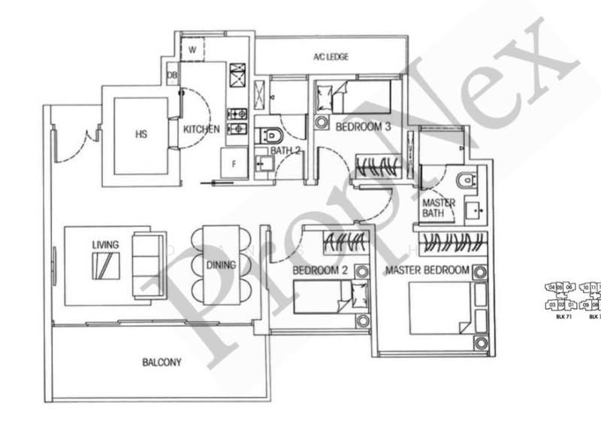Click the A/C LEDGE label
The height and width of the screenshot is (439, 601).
click(331, 57)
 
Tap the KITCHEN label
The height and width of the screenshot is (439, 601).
click(201, 129)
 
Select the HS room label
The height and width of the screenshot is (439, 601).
click(140, 135)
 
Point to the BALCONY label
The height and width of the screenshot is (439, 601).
click(162, 362)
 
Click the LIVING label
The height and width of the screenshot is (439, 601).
click(101, 245)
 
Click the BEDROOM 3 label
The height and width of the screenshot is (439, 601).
click(363, 127)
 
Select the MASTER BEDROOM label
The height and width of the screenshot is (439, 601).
click(427, 269)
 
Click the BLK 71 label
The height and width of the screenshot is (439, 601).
click(559, 317)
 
